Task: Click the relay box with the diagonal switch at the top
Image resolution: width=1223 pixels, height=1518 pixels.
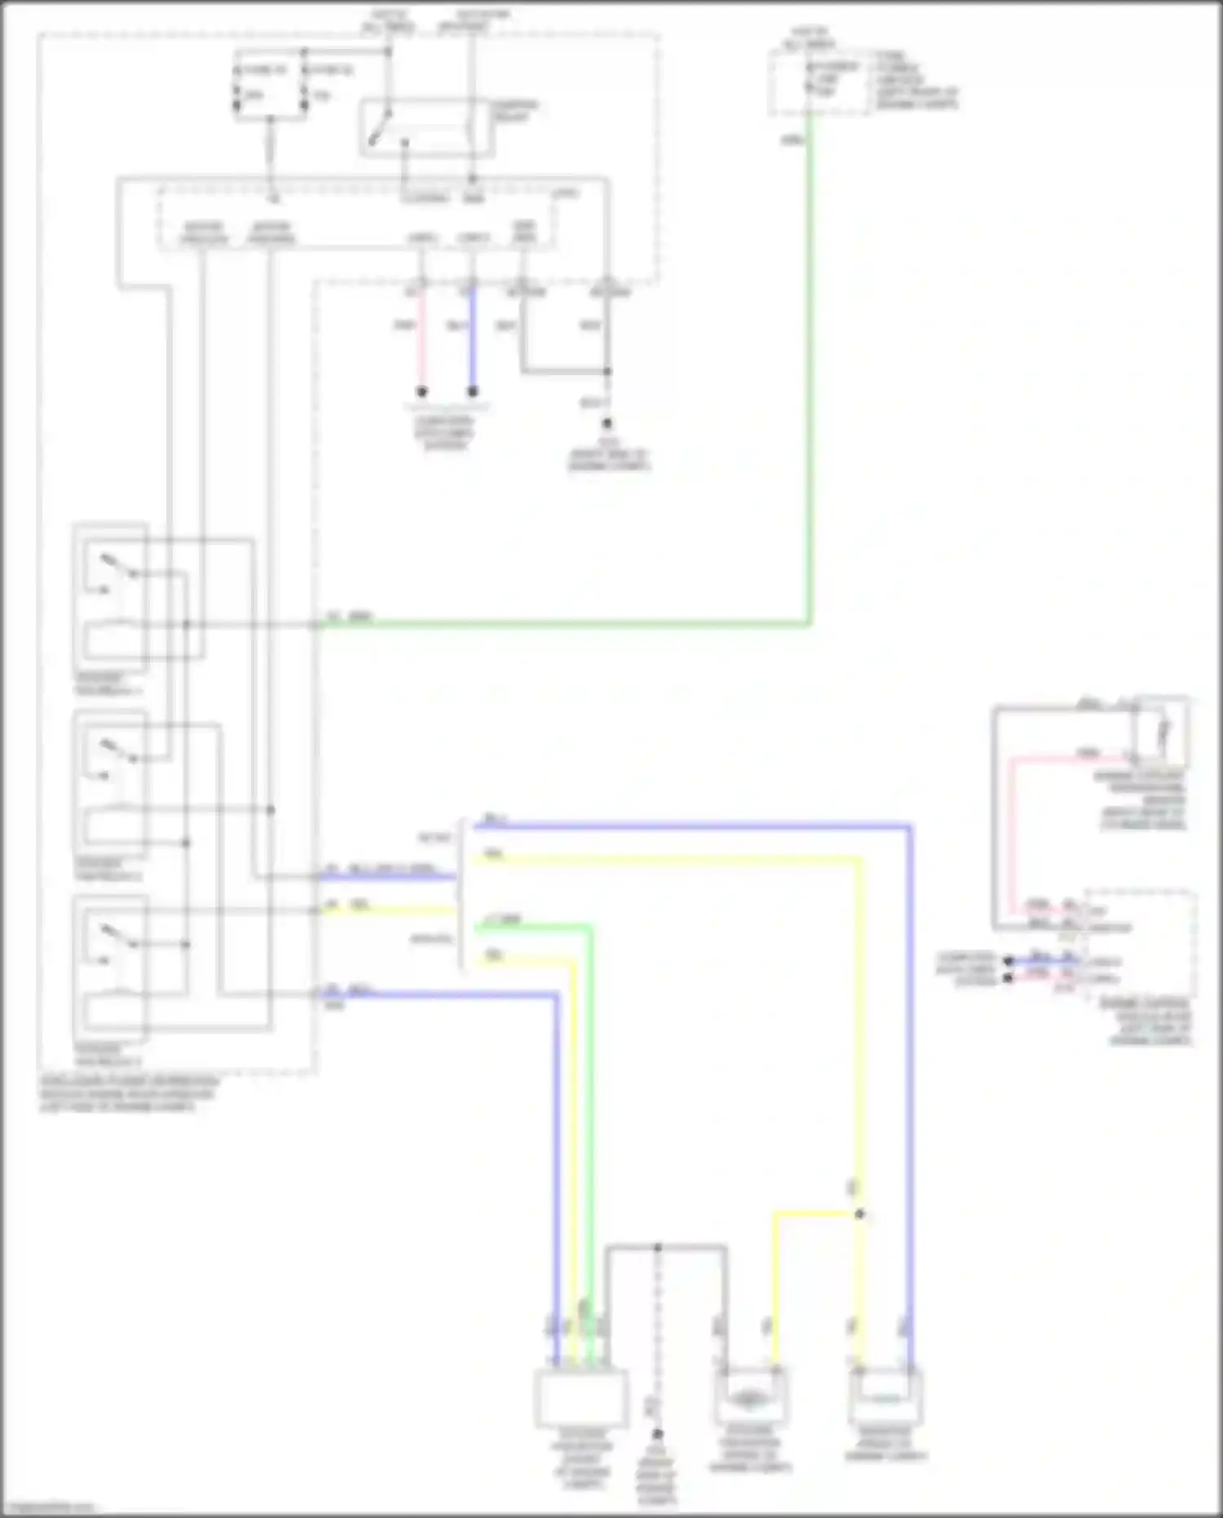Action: [426, 128]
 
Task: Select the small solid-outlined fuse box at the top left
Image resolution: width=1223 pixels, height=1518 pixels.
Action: [271, 85]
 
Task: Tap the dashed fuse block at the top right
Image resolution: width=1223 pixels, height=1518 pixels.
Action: [819, 82]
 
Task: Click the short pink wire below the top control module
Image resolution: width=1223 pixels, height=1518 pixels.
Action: [422, 343]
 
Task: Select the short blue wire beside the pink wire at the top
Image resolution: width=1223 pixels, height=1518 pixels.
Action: [472, 343]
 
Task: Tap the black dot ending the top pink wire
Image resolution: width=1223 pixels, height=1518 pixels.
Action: [422, 392]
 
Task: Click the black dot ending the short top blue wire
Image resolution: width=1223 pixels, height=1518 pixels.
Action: [473, 392]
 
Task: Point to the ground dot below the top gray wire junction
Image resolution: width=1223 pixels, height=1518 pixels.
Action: [607, 423]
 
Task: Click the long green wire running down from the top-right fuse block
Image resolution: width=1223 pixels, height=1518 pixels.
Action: [810, 367]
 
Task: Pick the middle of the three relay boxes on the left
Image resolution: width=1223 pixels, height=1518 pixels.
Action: [111, 783]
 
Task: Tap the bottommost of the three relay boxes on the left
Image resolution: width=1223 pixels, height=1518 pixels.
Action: [111, 967]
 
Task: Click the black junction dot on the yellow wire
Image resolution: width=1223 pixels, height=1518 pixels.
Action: [859, 1215]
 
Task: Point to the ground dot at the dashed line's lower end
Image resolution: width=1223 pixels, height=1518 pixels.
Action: [658, 1434]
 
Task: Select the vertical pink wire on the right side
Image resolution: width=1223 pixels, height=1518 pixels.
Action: [1011, 832]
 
